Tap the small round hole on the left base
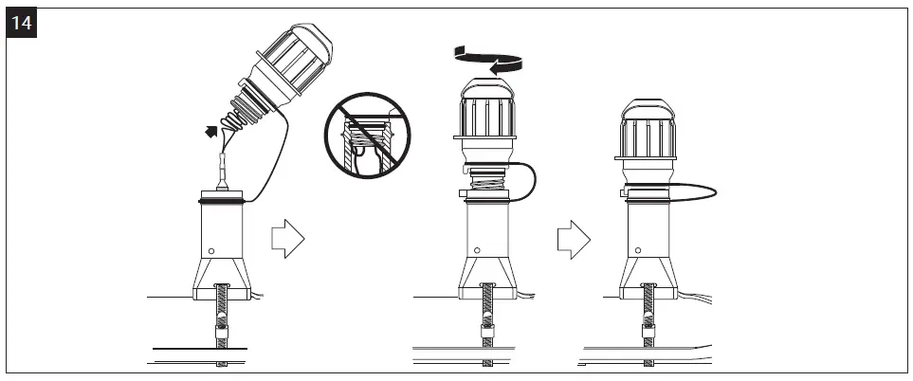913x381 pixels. [x=211, y=251]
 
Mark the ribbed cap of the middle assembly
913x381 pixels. [x=487, y=114]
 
